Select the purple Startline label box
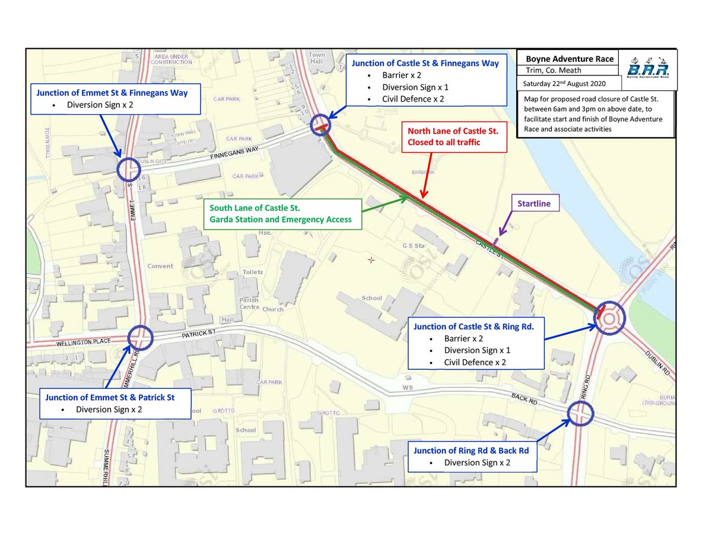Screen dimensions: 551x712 (534, 204)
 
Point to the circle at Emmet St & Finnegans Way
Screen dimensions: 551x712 (129, 170)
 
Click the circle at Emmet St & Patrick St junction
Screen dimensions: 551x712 (141, 338)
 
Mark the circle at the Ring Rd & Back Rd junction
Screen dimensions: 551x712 (580, 414)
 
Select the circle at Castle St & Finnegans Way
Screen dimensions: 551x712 (321, 126)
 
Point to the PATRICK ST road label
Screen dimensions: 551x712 (199, 335)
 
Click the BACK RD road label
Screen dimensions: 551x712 (524, 400)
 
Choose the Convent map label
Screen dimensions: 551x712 (161, 266)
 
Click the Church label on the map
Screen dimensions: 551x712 (274, 309)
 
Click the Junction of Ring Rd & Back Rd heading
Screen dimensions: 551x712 (471, 450)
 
